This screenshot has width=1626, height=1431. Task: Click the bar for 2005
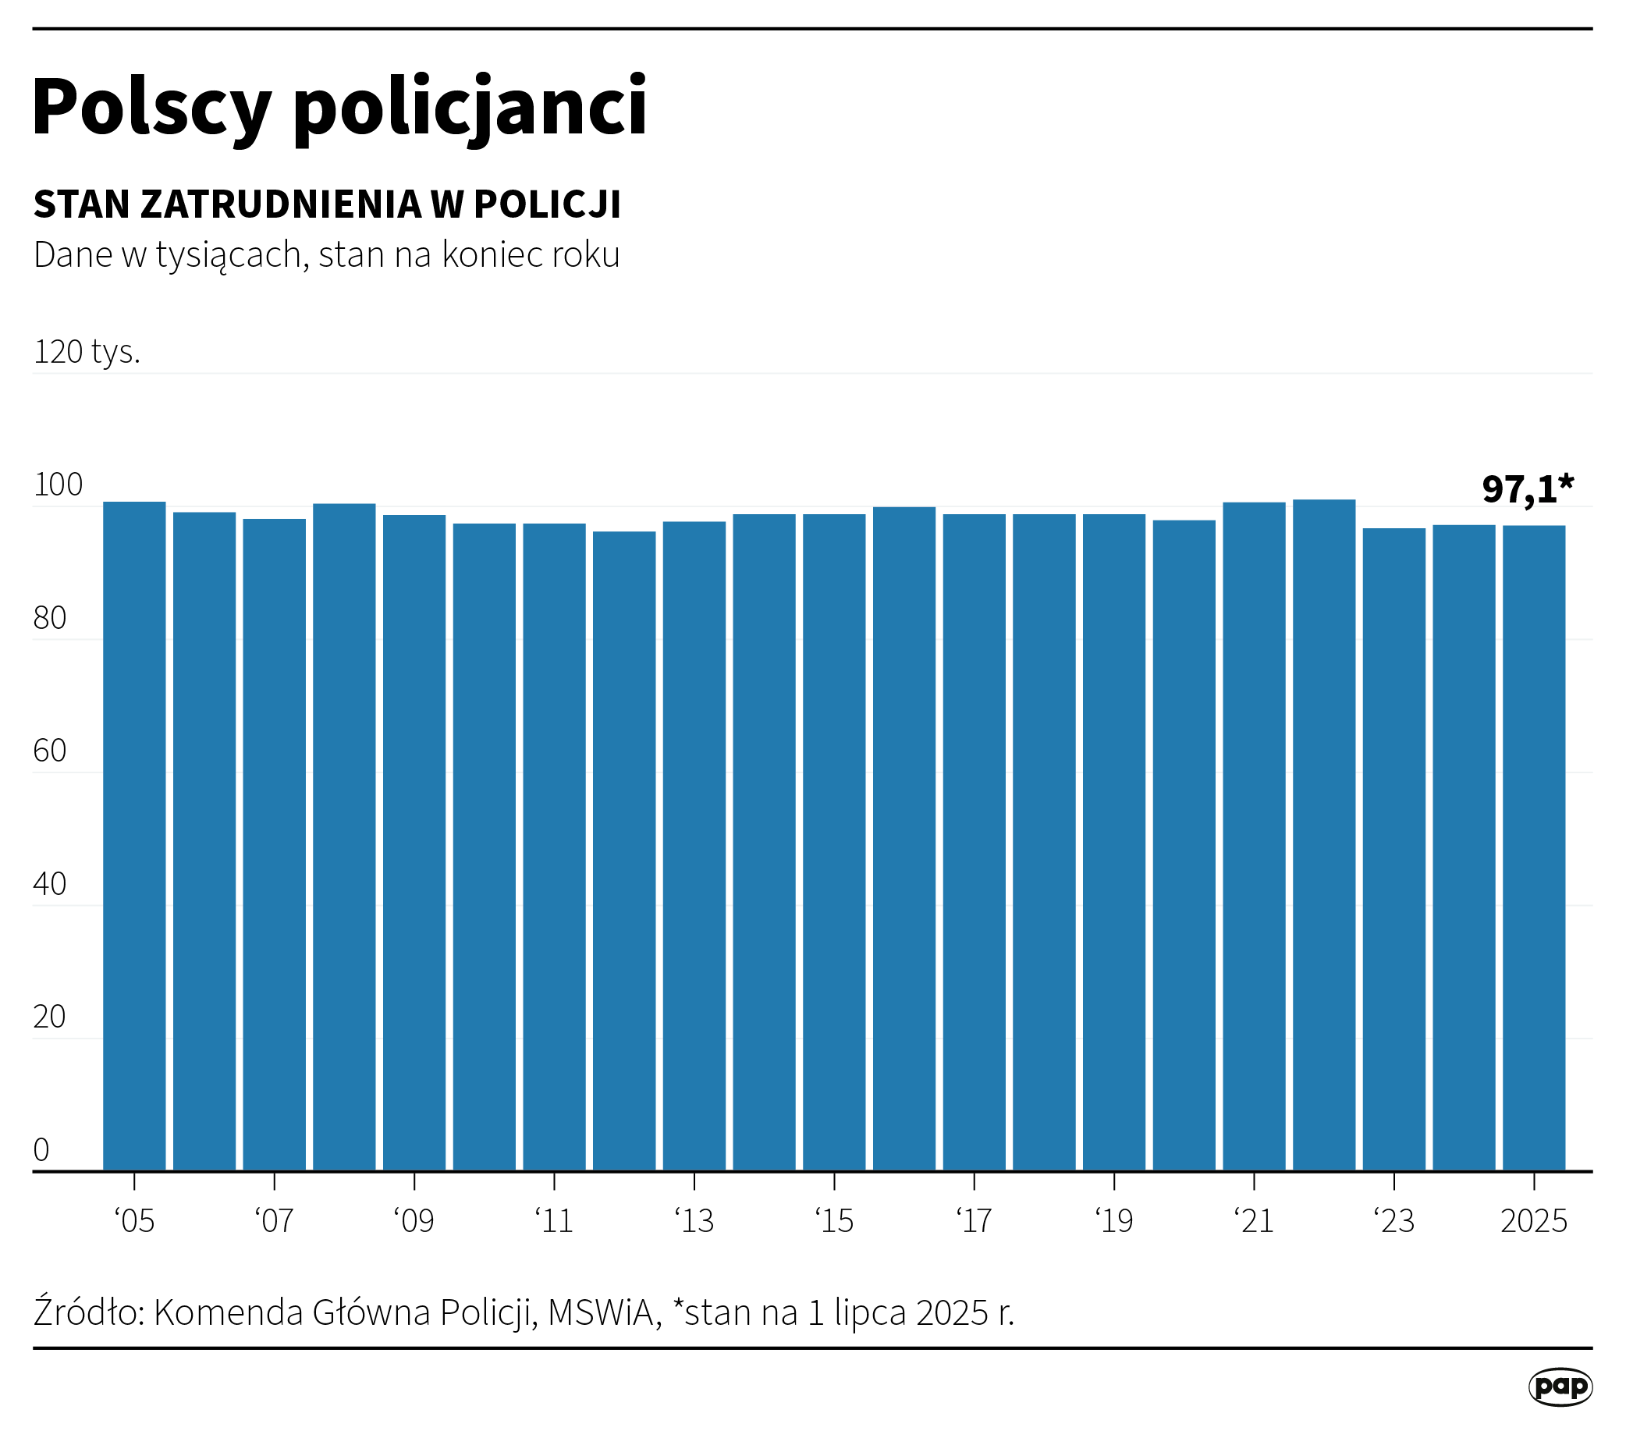(x=134, y=835)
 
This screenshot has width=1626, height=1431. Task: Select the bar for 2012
(x=624, y=850)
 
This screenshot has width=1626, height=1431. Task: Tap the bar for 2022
(x=1324, y=834)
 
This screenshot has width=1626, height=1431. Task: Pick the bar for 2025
(x=1534, y=847)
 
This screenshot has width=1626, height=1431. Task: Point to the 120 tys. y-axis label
(x=87, y=352)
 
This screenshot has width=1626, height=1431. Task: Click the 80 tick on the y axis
(x=50, y=618)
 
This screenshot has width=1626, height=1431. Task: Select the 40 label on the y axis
(x=50, y=884)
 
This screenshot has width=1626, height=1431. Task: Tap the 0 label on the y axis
(x=41, y=1149)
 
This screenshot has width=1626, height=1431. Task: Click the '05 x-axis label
(x=134, y=1221)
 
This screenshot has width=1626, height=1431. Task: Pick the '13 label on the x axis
(x=694, y=1221)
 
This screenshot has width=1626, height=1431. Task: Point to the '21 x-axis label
(x=1254, y=1221)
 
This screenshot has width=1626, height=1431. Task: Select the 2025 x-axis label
(x=1534, y=1221)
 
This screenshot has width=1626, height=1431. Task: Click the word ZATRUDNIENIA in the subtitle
(x=281, y=204)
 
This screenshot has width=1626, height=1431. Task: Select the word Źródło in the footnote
(x=87, y=1312)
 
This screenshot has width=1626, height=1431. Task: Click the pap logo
(x=1560, y=1387)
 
